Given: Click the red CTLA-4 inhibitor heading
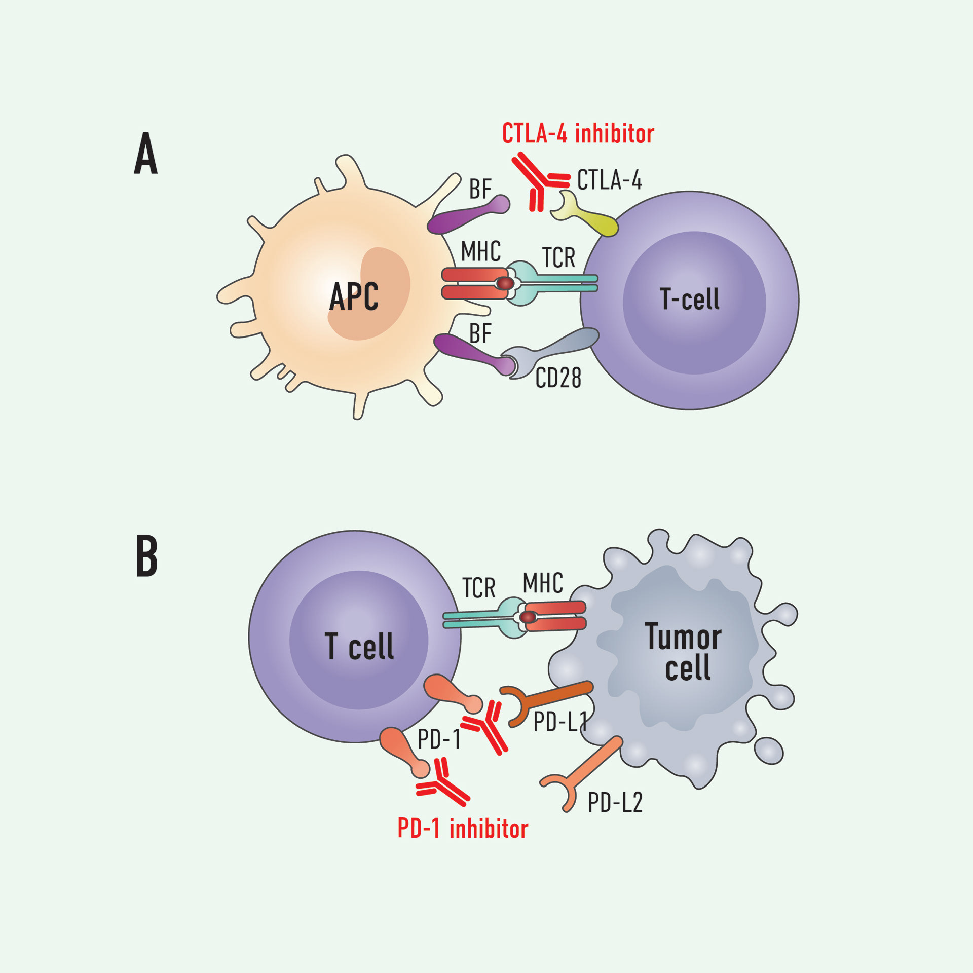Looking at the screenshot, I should coord(578,134).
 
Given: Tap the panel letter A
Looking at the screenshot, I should coord(146,153).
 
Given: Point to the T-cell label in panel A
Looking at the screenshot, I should coord(690,299).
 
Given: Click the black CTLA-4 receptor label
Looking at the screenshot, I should coord(609,180).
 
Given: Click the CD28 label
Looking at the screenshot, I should coord(558,378).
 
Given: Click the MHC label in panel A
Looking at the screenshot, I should coord(480,251).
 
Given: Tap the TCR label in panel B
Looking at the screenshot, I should coord(478,588).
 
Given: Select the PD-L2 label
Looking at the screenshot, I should coord(615,803).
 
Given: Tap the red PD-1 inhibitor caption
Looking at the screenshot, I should coord(463,829).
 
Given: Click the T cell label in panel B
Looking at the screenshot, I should coord(359,647).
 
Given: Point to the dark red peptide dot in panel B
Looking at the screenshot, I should coord(528,617).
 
